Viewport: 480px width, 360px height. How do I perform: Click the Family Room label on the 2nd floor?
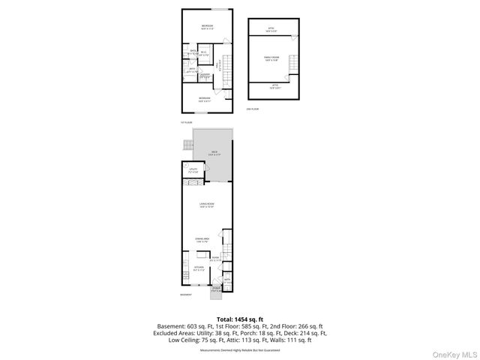coord(271,58)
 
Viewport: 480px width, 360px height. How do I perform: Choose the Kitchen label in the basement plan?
coord(199,268)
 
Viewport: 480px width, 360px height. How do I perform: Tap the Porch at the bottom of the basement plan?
coord(216,289)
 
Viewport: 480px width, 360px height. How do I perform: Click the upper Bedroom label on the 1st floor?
coord(207,27)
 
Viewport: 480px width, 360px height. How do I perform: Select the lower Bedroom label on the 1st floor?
coord(205,98)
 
